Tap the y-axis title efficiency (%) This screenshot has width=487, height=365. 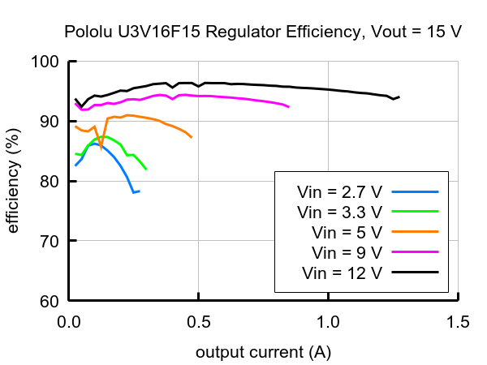click(x=14, y=181)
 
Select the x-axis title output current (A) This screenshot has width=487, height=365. click(x=263, y=353)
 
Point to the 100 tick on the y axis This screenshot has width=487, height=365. click(x=45, y=62)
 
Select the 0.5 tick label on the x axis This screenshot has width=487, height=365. click(x=199, y=321)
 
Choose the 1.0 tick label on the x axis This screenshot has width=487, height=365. click(x=329, y=321)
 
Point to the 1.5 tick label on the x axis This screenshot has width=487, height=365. click(x=458, y=321)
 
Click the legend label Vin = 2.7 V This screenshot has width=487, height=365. click(x=340, y=192)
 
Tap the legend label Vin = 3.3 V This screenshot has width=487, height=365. click(x=340, y=213)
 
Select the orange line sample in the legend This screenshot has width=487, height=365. click(x=415, y=232)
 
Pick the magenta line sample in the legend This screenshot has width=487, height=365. click(x=415, y=252)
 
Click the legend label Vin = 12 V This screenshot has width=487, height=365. click(x=342, y=272)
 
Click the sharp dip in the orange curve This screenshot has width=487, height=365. click(x=101, y=148)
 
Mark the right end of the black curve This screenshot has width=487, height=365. click(x=399, y=97)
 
